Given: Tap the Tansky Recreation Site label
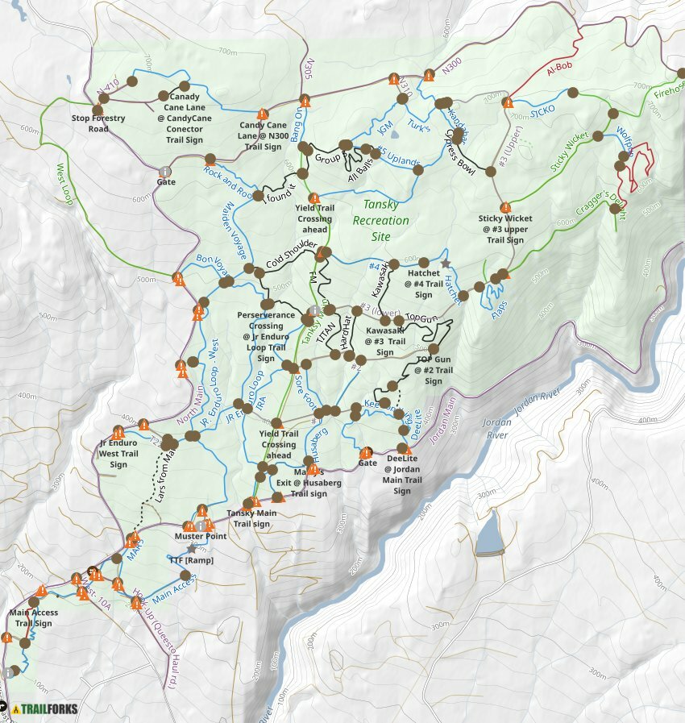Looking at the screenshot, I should click(x=386, y=221).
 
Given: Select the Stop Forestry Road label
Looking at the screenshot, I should click(x=98, y=123).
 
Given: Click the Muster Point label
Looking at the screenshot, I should click(x=200, y=536).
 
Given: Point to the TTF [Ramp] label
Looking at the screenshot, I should click(x=191, y=560).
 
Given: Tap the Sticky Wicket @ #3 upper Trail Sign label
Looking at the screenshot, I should click(x=505, y=229).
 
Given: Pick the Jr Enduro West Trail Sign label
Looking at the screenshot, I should click(x=118, y=453).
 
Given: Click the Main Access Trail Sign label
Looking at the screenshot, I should click(x=33, y=618).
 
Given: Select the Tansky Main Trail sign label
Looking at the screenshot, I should click(x=251, y=518).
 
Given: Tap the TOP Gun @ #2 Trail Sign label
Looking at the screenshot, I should click(x=434, y=370).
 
